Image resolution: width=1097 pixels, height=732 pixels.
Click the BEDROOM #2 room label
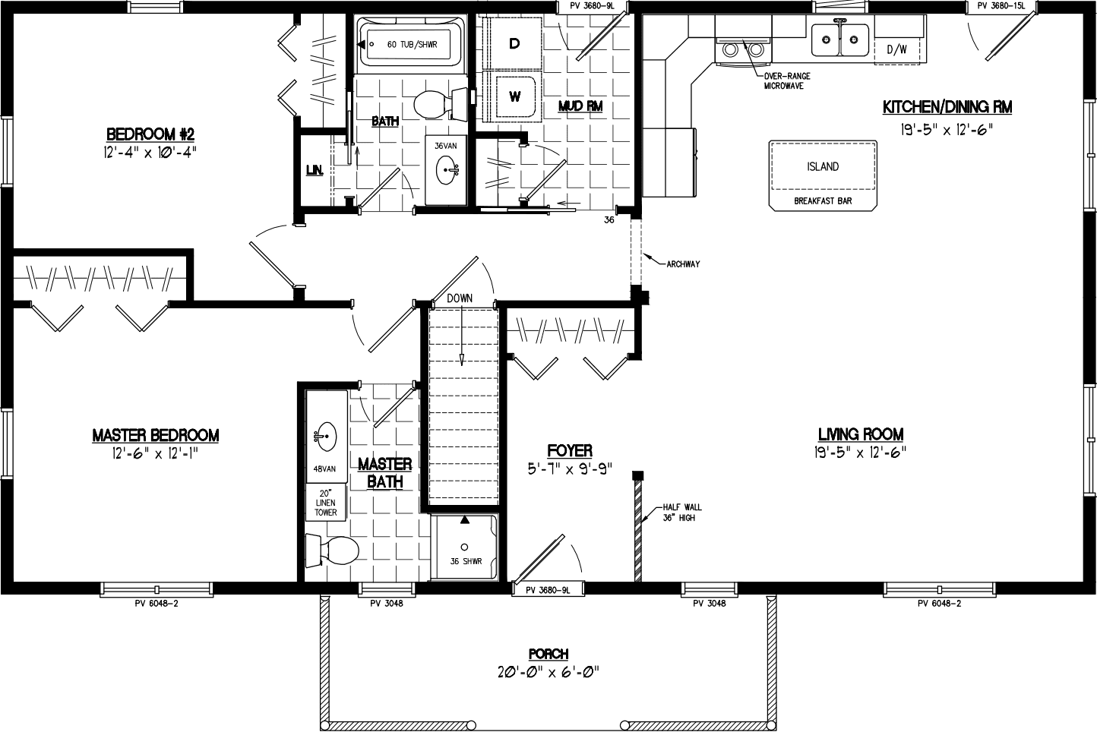pos(150,134)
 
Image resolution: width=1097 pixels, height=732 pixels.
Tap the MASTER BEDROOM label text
pos(155,435)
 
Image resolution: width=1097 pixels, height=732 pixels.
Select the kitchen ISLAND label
pos(823,166)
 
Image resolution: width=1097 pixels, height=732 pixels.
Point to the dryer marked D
pos(514,44)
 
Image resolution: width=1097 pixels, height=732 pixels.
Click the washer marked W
pos(515,96)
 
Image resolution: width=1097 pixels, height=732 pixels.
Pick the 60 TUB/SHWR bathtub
pos(411,45)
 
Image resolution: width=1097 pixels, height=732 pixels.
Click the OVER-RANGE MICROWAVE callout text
pos(787,80)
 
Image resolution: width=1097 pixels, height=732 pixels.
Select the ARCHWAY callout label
pos(683,264)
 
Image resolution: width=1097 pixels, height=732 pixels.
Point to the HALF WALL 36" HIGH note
pos(681,513)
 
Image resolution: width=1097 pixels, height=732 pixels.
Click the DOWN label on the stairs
pos(460,298)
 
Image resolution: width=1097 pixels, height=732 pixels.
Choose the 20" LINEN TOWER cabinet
pos(326,503)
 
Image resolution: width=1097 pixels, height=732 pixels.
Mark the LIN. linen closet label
pos(314,171)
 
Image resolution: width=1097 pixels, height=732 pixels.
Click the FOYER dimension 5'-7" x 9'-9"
pos(569,469)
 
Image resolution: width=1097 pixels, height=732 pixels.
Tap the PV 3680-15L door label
pos(1001,6)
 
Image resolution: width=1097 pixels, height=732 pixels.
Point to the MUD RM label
pos(580,106)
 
